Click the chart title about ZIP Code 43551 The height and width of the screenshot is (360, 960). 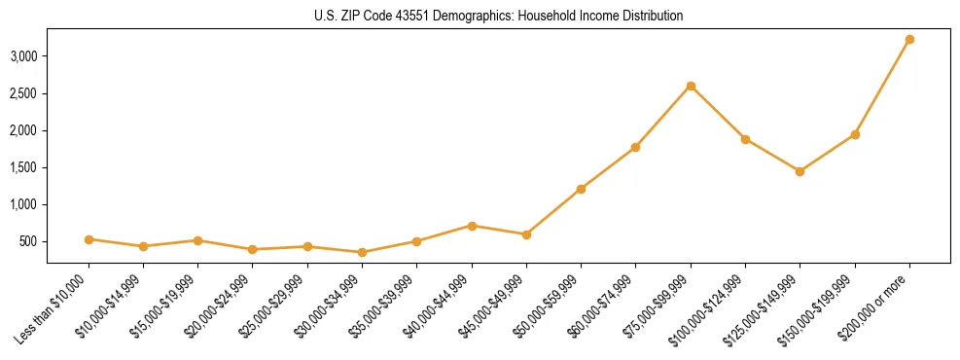pos(499,16)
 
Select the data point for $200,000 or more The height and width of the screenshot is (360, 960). pos(909,40)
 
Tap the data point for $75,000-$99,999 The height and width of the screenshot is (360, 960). pos(691,86)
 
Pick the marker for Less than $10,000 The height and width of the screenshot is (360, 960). pos(89,239)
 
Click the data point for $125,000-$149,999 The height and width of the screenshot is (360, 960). pos(800,171)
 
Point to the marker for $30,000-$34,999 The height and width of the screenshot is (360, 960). pos(362,252)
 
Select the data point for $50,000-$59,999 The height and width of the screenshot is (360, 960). pos(581,189)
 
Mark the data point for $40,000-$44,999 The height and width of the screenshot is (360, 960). pos(472,226)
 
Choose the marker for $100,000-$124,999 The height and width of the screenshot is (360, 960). pos(745,139)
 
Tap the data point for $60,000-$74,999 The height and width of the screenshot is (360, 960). pos(635,147)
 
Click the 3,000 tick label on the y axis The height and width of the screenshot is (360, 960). pos(23,56)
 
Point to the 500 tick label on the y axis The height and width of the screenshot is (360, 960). pos(28,241)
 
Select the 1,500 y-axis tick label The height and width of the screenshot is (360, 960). pos(23,167)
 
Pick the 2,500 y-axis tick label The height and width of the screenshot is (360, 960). pos(23,93)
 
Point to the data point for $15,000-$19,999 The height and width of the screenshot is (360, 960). pos(197,240)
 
